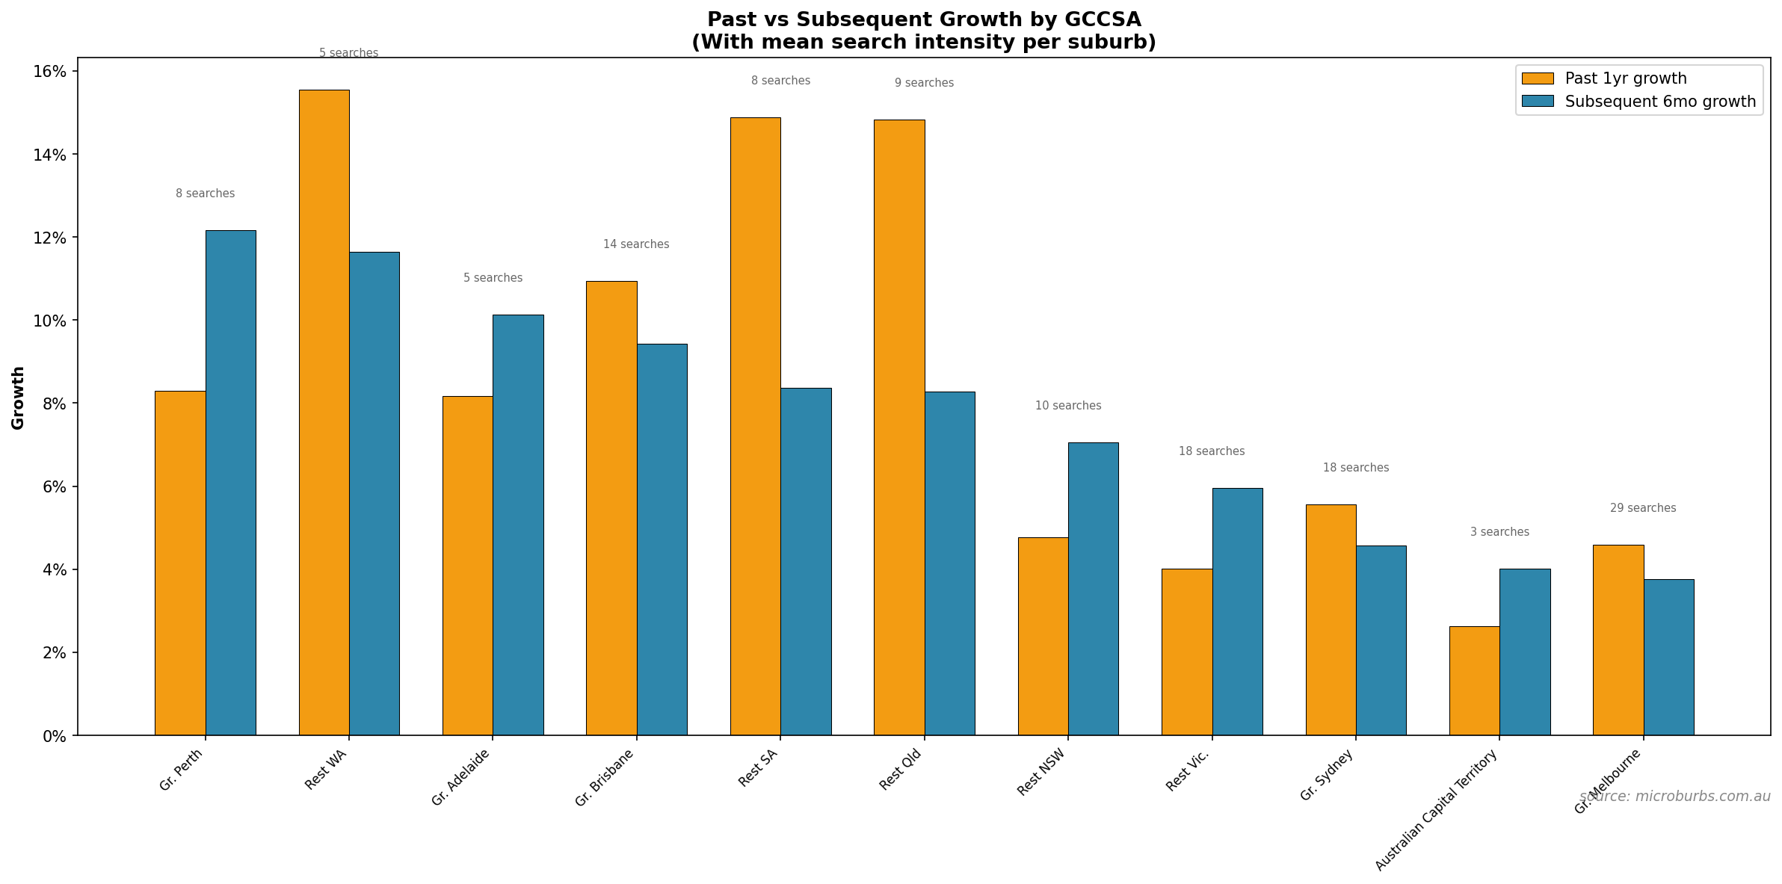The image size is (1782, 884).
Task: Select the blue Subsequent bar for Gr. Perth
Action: coord(230,483)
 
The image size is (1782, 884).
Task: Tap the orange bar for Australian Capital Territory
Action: coord(1474,681)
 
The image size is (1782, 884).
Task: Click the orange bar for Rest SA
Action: coord(755,426)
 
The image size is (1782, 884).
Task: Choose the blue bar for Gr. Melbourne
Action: coord(1668,657)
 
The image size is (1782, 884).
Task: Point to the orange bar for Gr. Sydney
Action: coord(1331,619)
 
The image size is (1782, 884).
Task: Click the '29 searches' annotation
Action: coord(1642,508)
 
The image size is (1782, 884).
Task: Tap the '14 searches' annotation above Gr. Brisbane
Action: coord(636,244)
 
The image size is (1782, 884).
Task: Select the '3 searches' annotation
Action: coord(1499,532)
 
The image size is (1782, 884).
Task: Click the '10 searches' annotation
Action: coord(1067,406)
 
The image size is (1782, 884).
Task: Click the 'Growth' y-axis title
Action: coord(18,398)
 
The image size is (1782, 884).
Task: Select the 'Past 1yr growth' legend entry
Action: coord(1625,78)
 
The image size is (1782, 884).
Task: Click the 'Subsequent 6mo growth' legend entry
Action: coord(1659,102)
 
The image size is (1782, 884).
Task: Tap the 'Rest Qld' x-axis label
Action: coord(900,770)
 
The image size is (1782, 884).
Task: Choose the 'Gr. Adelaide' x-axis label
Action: coord(460,777)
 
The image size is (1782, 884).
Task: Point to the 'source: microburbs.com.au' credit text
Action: coord(1674,797)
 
